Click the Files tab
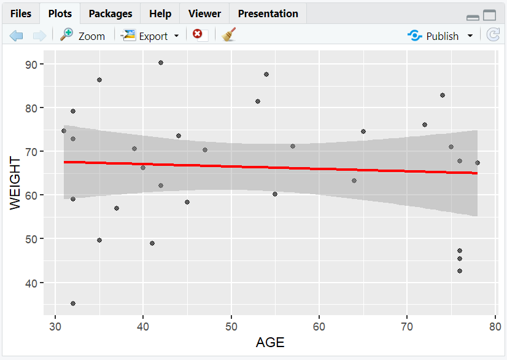(21, 14)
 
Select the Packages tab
(110, 14)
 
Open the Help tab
(160, 14)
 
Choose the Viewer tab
(204, 14)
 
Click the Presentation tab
(268, 14)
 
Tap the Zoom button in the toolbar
(83, 36)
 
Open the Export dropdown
(151, 36)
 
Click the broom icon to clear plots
(229, 35)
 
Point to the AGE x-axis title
(270, 342)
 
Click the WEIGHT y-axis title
(15, 183)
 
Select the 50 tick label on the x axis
(231, 325)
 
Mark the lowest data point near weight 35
(73, 303)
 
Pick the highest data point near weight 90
(161, 63)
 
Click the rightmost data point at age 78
(478, 163)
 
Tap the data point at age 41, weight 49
(152, 243)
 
